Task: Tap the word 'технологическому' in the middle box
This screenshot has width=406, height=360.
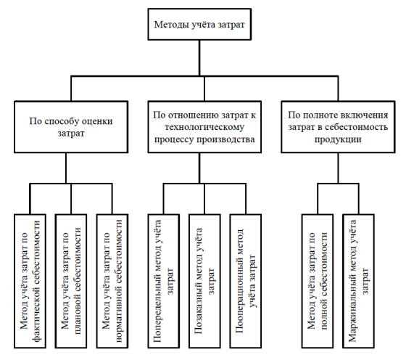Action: [204, 127]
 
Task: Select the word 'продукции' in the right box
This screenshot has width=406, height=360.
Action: [338, 139]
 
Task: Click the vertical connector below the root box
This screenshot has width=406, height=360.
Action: [199, 58]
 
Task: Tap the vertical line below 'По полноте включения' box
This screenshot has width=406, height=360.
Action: [338, 168]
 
